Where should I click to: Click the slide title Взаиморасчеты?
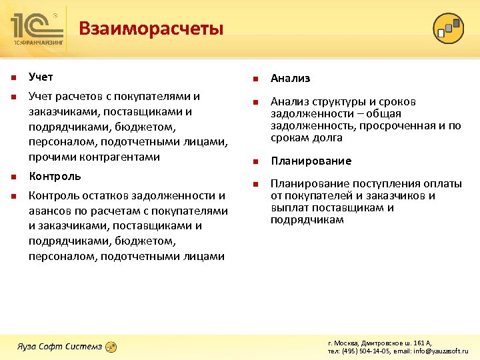tap(151, 29)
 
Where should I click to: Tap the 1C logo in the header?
tap(37, 25)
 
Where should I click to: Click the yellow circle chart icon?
tap(448, 28)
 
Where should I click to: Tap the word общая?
tap(387, 114)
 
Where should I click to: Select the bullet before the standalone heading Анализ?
tap(255, 79)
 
